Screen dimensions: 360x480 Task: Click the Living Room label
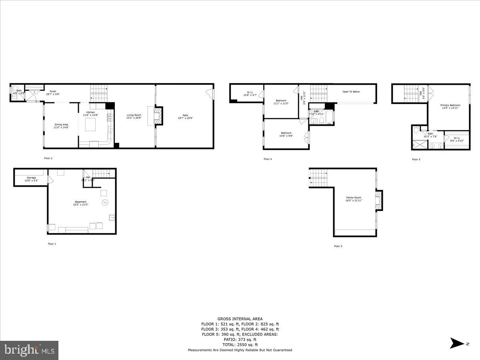tap(134, 115)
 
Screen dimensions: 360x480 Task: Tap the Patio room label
tap(185, 115)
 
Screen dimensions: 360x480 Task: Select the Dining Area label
tap(61, 124)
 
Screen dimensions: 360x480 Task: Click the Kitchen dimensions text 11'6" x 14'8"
tap(90, 115)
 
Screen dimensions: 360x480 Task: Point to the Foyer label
tap(52, 91)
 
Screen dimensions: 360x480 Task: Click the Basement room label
tap(80, 202)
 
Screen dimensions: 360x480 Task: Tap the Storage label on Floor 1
tap(31, 178)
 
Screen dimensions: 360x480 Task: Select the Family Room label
tap(354, 198)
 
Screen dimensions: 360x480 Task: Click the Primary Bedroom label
tap(450, 105)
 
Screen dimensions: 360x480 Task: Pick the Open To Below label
tap(351, 92)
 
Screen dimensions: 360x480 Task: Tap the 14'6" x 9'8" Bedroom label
tap(286, 133)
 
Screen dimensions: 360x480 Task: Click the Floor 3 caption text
tap(338, 246)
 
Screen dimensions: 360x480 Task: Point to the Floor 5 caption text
tap(416, 159)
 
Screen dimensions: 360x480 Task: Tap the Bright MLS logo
tap(29, 350)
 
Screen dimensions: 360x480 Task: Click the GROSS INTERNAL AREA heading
tap(240, 319)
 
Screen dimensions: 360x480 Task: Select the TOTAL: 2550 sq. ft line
tap(240, 344)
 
